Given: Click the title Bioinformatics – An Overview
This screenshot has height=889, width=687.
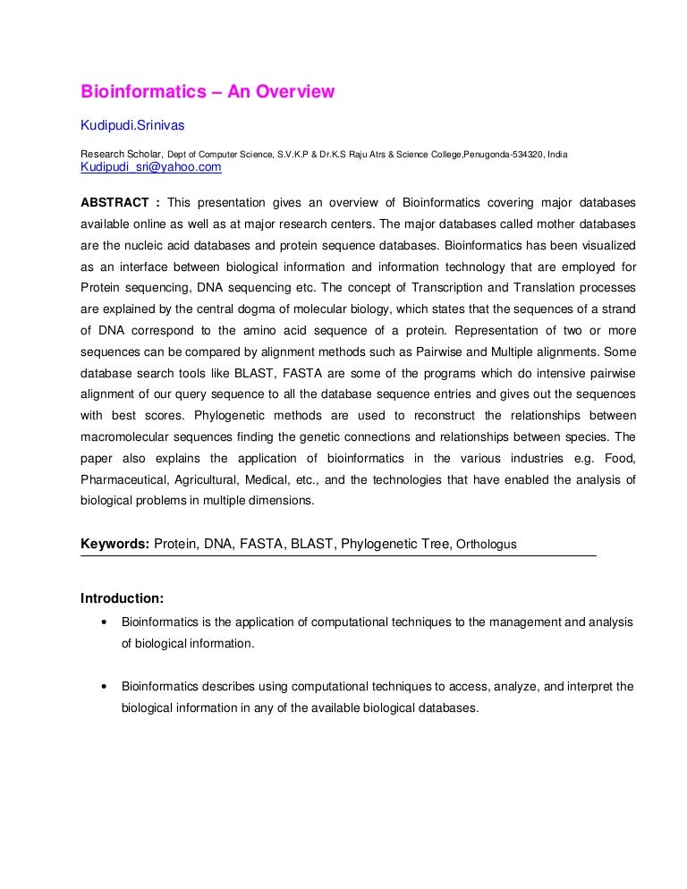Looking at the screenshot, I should pos(208,91).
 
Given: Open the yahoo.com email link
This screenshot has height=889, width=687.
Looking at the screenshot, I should pos(151,167).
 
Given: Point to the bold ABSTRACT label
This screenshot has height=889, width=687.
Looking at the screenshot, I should pos(113,201).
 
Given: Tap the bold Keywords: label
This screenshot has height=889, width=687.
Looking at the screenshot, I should pos(114,544).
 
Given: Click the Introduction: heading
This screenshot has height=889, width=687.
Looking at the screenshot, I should pos(123,597).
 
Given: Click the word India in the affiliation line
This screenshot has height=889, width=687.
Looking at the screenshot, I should pos(556,155).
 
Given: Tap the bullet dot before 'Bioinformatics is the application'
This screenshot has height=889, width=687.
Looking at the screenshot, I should pos(106,622).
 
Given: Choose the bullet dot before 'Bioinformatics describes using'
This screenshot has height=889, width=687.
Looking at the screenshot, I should pos(106,688).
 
